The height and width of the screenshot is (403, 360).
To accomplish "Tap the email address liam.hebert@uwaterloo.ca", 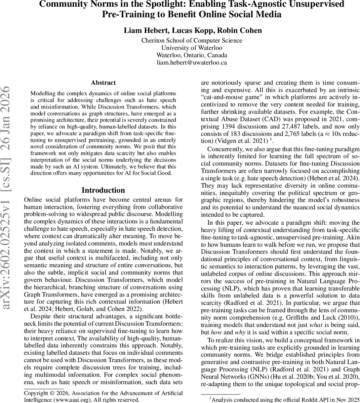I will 192,62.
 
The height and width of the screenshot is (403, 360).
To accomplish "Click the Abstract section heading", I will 103,83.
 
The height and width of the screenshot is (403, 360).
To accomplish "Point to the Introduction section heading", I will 103,190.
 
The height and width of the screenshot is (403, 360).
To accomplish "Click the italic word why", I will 242,332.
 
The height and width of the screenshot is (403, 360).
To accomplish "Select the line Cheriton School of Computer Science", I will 192,40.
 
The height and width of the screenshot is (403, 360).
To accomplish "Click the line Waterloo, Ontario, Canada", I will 192,55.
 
